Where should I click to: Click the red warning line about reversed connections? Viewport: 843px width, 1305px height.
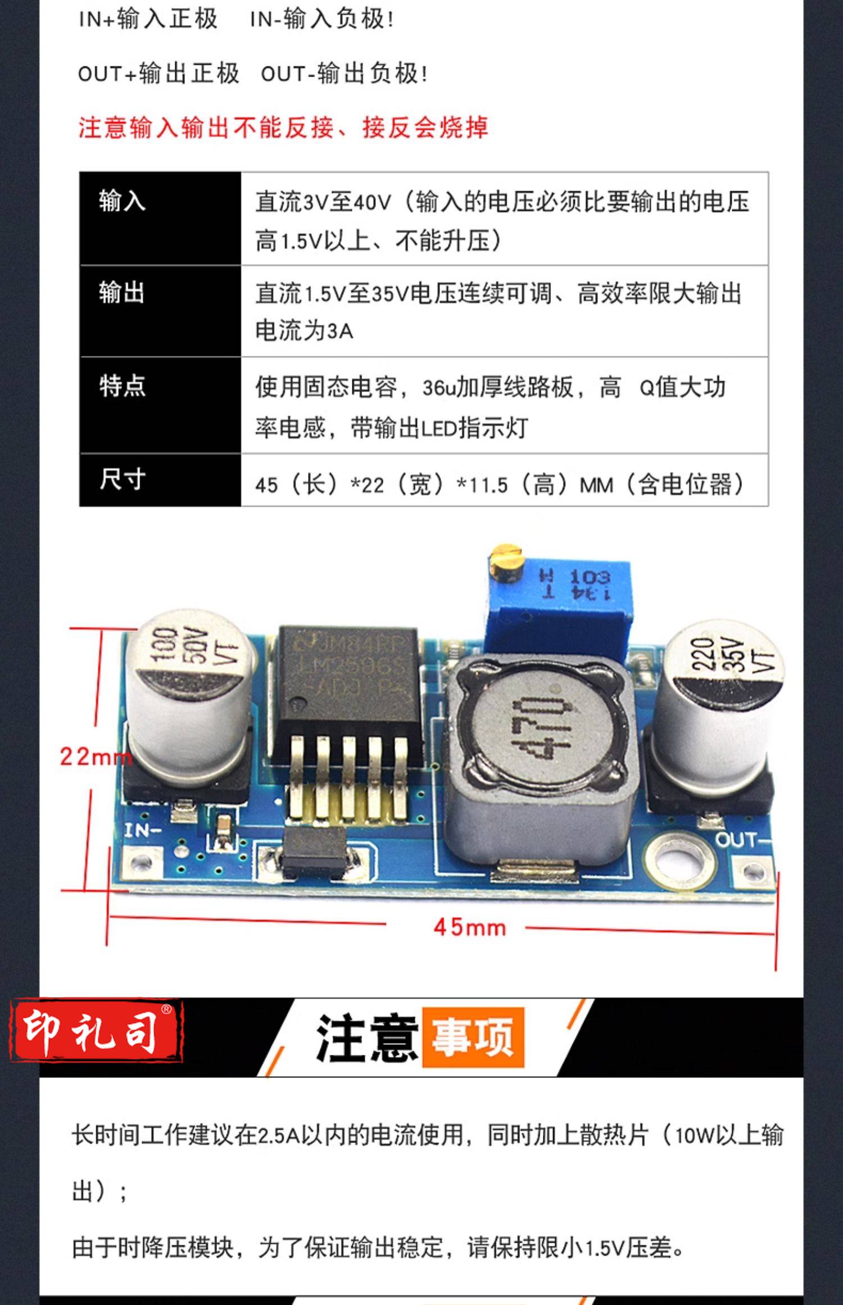coord(283,128)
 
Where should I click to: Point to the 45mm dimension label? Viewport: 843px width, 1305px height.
coord(470,928)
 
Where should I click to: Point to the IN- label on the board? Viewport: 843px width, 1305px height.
coord(143,830)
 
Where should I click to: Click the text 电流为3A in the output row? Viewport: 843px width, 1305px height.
coord(304,330)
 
